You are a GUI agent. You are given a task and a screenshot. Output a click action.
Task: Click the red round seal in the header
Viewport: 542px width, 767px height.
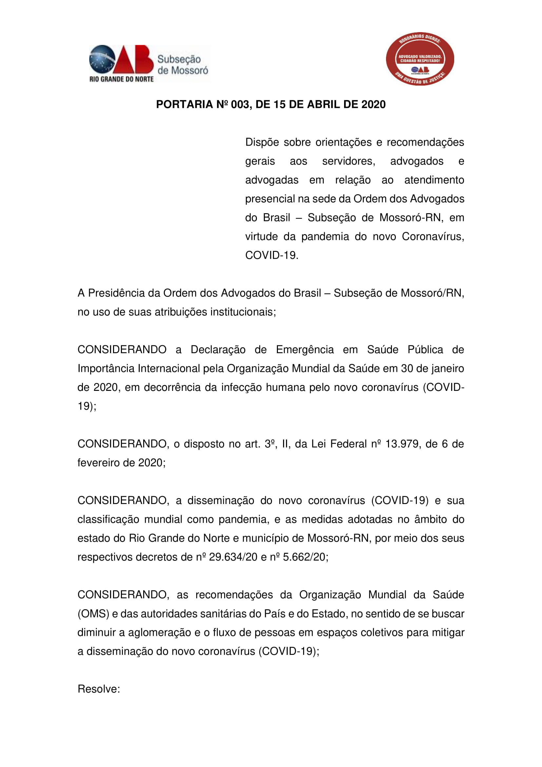(x=420, y=59)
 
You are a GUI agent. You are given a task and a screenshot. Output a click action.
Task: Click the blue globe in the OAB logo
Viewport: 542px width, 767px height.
(x=102, y=59)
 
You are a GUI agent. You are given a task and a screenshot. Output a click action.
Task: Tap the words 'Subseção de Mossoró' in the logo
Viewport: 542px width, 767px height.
(x=182, y=65)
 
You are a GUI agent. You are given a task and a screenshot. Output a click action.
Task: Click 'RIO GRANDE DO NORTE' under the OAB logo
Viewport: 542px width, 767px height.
(x=122, y=79)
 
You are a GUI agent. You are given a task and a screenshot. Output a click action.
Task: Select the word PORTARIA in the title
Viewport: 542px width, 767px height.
(x=184, y=105)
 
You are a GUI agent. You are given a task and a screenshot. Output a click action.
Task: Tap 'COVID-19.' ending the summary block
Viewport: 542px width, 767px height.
(x=272, y=255)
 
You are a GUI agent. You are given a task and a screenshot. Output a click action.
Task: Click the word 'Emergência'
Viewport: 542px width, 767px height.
(x=305, y=350)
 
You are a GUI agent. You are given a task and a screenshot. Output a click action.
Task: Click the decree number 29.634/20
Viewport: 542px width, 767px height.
(x=233, y=557)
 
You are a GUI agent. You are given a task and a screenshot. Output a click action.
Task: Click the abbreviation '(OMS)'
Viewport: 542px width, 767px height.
(x=93, y=614)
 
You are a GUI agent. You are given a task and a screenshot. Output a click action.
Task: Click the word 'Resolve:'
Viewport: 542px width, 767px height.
(x=99, y=689)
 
